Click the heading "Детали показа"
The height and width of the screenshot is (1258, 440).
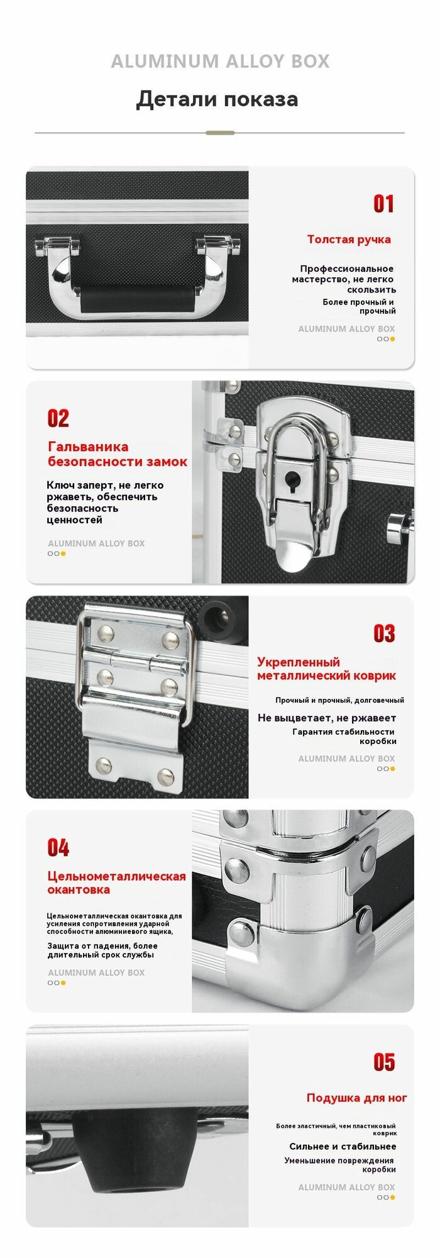(x=217, y=99)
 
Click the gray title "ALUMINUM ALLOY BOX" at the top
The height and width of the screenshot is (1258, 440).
(x=220, y=61)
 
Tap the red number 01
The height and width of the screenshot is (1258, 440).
(x=383, y=204)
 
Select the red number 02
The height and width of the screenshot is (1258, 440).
(x=58, y=418)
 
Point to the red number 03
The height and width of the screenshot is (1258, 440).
(x=384, y=633)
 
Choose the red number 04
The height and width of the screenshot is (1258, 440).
(x=58, y=848)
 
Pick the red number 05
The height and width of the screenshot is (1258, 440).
(x=384, y=1062)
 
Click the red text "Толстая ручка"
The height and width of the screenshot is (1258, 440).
(x=349, y=240)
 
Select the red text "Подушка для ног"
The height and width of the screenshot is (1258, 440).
(x=357, y=1098)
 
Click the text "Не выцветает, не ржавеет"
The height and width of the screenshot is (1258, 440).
(x=327, y=718)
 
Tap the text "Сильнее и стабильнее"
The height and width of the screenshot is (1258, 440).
(x=343, y=1147)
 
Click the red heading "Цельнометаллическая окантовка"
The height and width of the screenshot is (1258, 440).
(x=117, y=883)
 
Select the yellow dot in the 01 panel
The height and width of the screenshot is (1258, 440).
(x=393, y=339)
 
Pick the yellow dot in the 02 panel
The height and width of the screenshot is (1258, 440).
(x=63, y=554)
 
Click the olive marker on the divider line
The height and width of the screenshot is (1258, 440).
(x=220, y=133)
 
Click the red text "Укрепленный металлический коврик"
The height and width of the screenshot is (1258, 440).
(x=327, y=669)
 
